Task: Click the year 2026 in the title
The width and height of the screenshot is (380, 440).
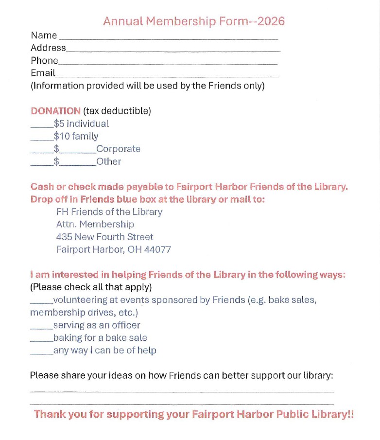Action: (x=271, y=21)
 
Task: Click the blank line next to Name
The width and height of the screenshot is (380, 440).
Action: (x=168, y=38)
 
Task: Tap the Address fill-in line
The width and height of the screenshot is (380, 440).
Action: (x=173, y=51)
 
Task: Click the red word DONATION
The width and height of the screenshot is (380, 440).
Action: (x=55, y=111)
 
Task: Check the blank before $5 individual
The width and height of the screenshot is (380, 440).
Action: (x=42, y=126)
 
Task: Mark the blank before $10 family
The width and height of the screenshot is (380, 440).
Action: (x=42, y=139)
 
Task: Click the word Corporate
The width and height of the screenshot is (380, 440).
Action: (x=118, y=149)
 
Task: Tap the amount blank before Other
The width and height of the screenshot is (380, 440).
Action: (x=78, y=164)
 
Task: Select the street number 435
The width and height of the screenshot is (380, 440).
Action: (x=64, y=237)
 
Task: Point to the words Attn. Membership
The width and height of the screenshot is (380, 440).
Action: (x=95, y=225)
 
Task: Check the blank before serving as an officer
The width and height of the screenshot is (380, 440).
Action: (x=41, y=328)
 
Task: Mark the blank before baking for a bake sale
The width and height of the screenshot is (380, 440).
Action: (x=41, y=341)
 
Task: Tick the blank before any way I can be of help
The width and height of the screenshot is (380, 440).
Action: (x=41, y=353)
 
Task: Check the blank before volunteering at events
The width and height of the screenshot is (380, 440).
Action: (x=41, y=302)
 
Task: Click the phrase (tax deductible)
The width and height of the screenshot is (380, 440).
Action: (x=117, y=111)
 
